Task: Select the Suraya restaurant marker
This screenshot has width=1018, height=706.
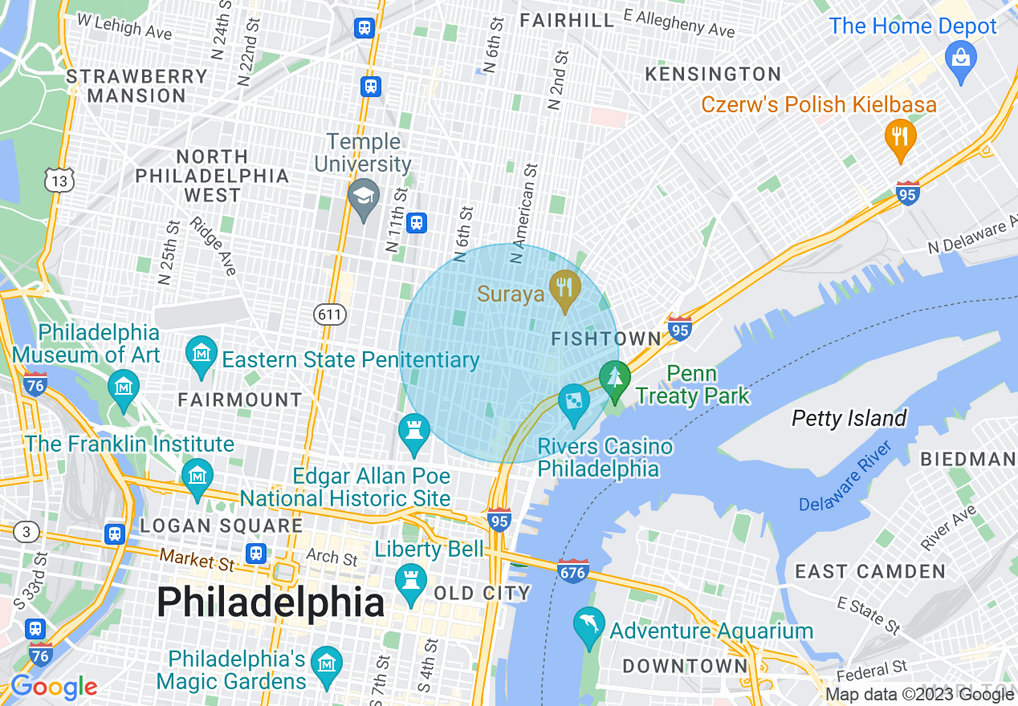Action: click(565, 286)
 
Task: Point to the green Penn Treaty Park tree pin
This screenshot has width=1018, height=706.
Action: click(615, 378)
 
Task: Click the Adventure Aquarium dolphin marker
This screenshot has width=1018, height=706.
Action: click(589, 625)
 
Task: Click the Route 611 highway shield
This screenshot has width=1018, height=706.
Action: click(330, 314)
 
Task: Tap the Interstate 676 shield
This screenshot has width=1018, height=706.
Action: click(572, 572)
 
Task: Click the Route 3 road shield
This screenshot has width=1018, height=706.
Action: click(26, 531)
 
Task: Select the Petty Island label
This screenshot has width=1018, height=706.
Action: click(849, 418)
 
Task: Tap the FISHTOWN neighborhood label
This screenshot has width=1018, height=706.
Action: click(605, 339)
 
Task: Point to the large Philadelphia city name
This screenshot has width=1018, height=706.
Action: click(271, 602)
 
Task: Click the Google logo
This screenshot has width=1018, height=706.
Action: click(54, 687)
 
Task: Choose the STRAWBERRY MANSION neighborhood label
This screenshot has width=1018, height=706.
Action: click(136, 86)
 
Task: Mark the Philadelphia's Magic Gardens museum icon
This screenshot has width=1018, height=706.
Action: click(327, 664)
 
